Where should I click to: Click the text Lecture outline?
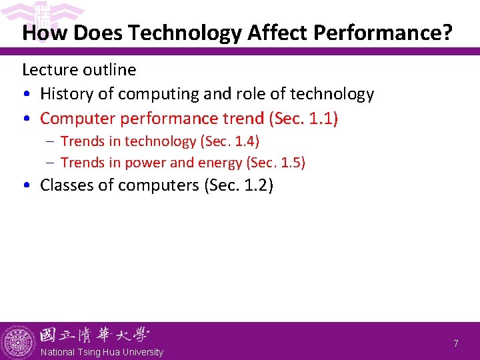pos(79,70)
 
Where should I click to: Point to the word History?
pos(67,95)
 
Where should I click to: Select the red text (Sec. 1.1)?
pos(303,119)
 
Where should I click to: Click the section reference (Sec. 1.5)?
pos(275,162)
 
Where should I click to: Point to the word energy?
pos(221,162)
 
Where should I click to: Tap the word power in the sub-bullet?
pos(161,162)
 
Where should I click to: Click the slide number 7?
pos(456,343)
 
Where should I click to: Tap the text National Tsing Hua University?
pos(101,352)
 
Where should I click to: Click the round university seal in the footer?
pos(18,341)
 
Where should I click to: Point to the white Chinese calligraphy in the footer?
pos(93,335)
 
